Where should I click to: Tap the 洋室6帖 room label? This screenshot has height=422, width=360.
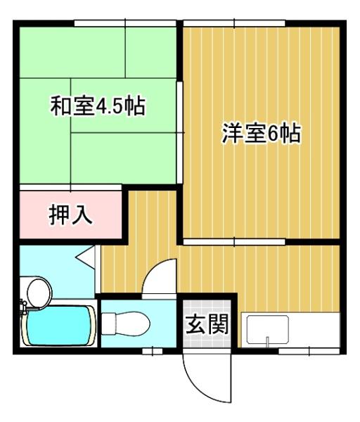click(x=262, y=133)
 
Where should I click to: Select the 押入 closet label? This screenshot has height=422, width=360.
click(x=70, y=215)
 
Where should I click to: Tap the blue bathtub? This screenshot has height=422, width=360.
click(x=58, y=325)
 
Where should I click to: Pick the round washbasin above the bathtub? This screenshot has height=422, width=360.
click(x=36, y=289)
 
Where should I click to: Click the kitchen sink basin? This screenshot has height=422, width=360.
click(x=266, y=328)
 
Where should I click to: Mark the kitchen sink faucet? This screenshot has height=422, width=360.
click(x=266, y=342)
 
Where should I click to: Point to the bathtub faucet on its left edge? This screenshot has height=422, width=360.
click(x=23, y=308)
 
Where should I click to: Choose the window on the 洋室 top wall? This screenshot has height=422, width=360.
click(x=235, y=25)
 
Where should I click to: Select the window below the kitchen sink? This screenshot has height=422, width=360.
click(x=295, y=350)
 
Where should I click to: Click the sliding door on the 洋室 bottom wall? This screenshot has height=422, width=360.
click(x=235, y=241)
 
